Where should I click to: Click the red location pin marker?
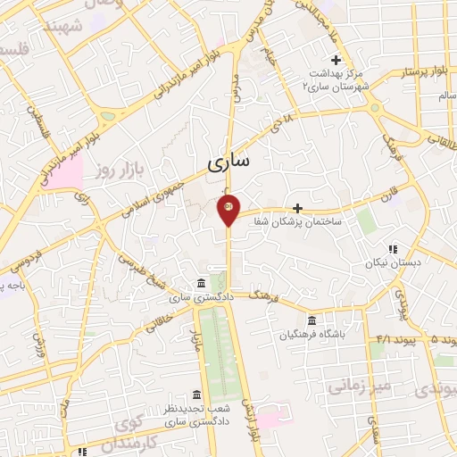[x=228, y=209]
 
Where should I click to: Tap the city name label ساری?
[x=228, y=162]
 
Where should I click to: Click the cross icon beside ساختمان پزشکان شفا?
[x=298, y=207]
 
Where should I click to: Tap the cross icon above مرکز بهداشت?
[x=336, y=60]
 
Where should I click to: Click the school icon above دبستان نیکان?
[x=392, y=250]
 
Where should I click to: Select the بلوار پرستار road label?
[x=425, y=69]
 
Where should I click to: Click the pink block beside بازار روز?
[x=66, y=169]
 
